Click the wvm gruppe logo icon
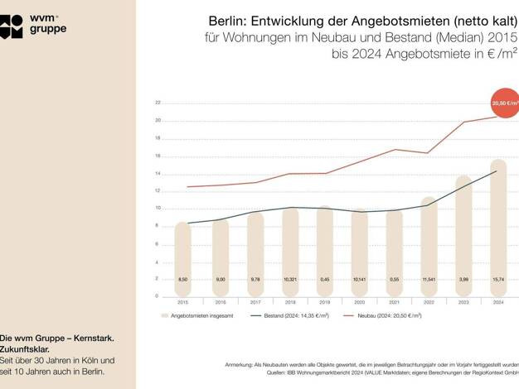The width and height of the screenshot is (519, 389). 12,26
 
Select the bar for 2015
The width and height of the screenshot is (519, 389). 182,257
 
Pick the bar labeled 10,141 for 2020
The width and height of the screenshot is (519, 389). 358,252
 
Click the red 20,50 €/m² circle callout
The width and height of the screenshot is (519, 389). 504,103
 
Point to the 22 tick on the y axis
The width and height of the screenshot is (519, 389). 158,103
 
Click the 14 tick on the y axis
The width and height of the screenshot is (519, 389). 158,174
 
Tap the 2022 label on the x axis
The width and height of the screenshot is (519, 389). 429,303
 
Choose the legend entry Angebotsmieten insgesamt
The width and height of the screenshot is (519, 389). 200,316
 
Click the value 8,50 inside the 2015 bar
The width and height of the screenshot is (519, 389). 182,280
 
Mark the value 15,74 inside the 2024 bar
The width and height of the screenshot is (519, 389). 498,280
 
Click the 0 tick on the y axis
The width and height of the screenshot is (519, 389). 158,297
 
